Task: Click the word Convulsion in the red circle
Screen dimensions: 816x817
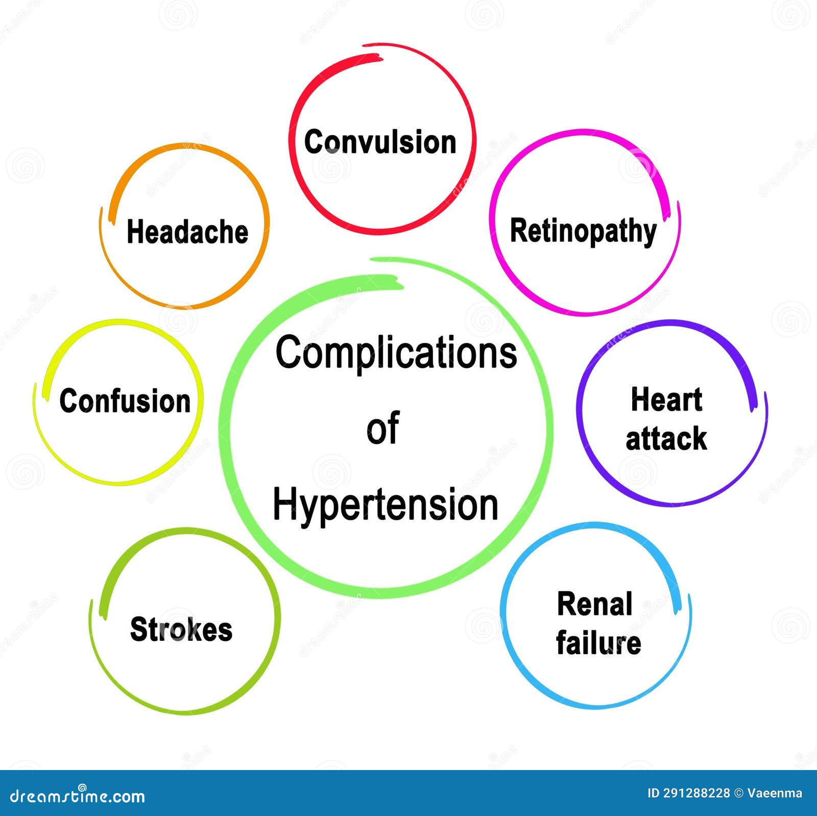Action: coord(380,142)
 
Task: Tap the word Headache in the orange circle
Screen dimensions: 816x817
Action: coord(187,232)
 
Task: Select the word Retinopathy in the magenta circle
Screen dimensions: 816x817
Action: coord(583,231)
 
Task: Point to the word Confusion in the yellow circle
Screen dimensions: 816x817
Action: coord(125,401)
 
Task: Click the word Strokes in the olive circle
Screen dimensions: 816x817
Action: coord(181,629)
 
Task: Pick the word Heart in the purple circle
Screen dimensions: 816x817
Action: coord(666,399)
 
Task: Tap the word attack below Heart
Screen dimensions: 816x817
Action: coord(666,439)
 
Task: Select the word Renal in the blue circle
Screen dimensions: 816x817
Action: coord(594,605)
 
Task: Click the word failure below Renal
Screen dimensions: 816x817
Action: coord(598,643)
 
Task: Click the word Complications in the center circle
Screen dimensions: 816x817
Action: coord(396,353)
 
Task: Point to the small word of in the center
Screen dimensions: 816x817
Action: coord(382,429)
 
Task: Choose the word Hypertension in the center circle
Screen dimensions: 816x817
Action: coord(386,505)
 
